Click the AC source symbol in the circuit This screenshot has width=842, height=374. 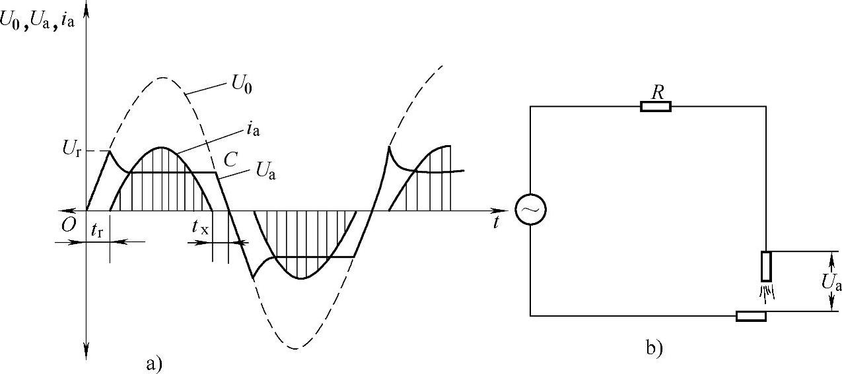pyautogui.click(x=530, y=210)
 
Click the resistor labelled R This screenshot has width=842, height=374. pyautogui.click(x=656, y=106)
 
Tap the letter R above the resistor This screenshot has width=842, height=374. pyautogui.click(x=656, y=92)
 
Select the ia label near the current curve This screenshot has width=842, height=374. pyautogui.click(x=252, y=130)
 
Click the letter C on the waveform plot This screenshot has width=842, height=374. pyautogui.click(x=231, y=159)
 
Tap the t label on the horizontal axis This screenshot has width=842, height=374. pyautogui.click(x=495, y=223)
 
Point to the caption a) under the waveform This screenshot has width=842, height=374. pyautogui.click(x=153, y=362)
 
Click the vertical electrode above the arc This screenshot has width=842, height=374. pyautogui.click(x=766, y=266)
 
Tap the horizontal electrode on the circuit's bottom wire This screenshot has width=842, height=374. pyautogui.click(x=751, y=316)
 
